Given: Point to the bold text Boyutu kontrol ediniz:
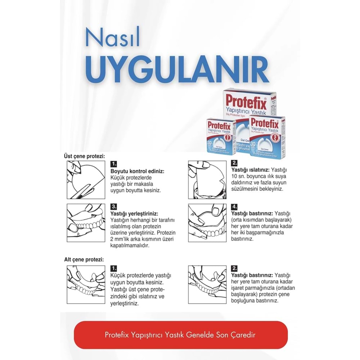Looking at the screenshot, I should coord(137,172).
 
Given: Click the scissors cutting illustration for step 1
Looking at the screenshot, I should coord(86,179).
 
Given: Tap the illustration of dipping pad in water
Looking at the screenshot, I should coord(207,179).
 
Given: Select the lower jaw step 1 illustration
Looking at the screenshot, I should coord(86,285).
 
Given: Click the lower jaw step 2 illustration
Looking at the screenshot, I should coord(207,285).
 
